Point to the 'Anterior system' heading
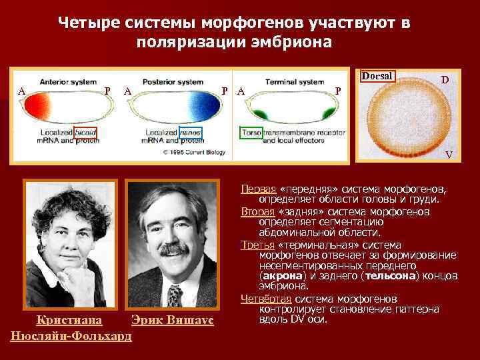click(67, 82)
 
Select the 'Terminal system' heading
click(294, 82)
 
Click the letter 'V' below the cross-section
click(449, 155)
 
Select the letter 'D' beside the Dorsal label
click(445, 80)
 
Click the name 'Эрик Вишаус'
click(172, 320)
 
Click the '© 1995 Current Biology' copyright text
click(194, 151)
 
